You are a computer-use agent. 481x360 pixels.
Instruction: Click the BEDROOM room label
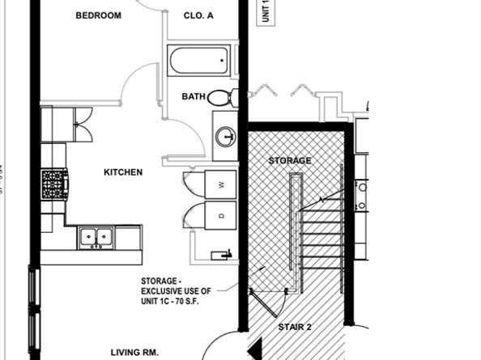coord(98,15)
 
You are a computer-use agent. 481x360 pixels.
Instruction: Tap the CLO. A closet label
coord(198,15)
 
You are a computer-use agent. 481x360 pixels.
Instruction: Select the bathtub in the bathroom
coord(198,60)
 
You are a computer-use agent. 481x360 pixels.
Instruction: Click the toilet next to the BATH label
coord(220,98)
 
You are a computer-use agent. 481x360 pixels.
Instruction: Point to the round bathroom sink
coord(224,134)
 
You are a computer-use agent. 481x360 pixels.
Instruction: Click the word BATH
coord(193,96)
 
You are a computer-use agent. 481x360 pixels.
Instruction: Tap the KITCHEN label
coord(123,172)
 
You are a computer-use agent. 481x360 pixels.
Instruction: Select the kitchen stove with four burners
coord(54,184)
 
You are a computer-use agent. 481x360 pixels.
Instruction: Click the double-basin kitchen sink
coord(96,237)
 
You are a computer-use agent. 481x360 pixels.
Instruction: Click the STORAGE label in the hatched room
coord(289,160)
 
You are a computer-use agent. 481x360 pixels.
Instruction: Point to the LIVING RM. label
coord(134,352)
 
